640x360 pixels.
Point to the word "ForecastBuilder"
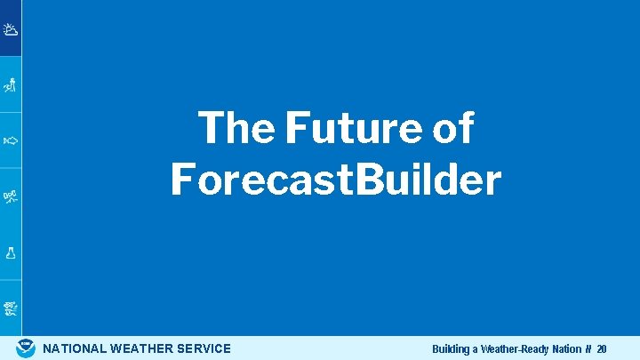click(x=336, y=180)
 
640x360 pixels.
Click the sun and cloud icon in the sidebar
click(x=11, y=29)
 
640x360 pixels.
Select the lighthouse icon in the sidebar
click(x=11, y=85)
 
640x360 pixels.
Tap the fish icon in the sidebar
click(x=11, y=140)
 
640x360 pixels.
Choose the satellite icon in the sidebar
click(x=11, y=196)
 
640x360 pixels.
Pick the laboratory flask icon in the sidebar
click(x=11, y=252)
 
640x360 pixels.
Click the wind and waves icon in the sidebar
click(x=11, y=308)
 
